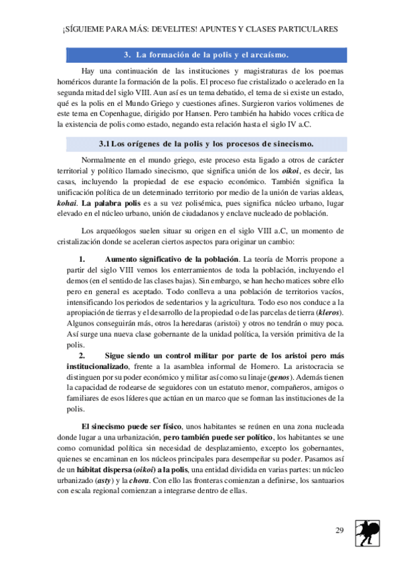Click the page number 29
339,531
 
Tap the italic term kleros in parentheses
329,313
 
